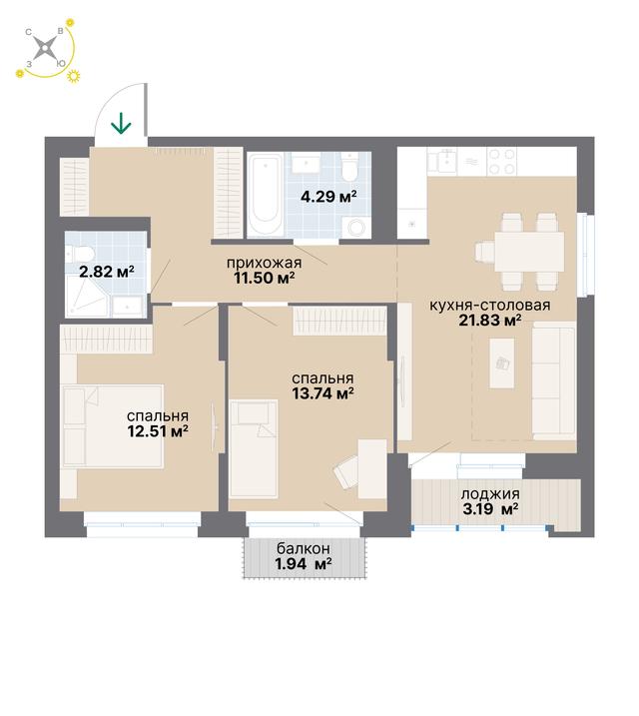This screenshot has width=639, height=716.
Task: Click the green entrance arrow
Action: coord(122,124)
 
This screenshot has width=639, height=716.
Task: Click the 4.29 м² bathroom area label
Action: coord(328,197)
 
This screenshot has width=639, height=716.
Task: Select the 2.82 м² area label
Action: coord(107,273)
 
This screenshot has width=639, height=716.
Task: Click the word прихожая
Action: coord(265,263)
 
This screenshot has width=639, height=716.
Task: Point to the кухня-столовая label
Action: coord(490,305)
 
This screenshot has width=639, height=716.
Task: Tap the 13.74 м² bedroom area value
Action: coord(323,393)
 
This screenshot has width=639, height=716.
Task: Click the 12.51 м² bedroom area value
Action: coord(158,431)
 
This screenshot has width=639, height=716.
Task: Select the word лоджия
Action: coord(490,494)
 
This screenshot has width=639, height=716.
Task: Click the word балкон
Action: coord(304,548)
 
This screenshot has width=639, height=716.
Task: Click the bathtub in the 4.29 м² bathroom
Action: coord(266,195)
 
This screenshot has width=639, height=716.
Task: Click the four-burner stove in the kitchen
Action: coord(502,161)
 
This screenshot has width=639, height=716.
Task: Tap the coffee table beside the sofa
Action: coord(502,363)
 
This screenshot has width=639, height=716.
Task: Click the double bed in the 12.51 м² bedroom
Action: coord(112,426)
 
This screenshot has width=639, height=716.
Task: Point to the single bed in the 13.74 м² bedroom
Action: coord(254,448)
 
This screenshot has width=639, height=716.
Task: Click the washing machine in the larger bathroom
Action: coord(356,227)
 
